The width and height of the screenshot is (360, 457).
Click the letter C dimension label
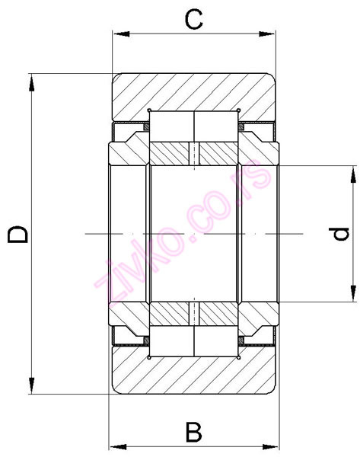pyautogui.click(x=195, y=19)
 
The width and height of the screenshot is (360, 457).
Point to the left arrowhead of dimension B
pyautogui.click(x=115, y=446)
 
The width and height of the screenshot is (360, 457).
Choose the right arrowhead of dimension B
pyautogui.click(x=273, y=446)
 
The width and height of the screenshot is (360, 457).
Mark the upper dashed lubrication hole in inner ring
pyautogui.click(x=194, y=152)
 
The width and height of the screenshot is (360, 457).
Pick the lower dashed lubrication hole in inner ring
pyautogui.click(x=194, y=313)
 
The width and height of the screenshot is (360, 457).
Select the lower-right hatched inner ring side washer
pyautogui.click(x=259, y=313)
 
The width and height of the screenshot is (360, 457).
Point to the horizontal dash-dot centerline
pyautogui.click(x=194, y=233)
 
